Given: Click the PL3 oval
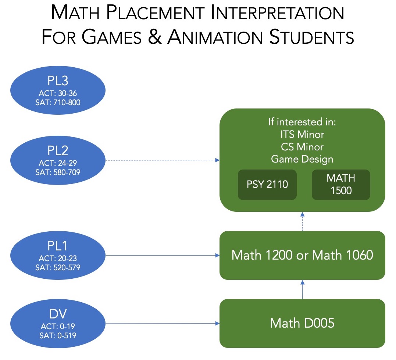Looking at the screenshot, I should point(58,90).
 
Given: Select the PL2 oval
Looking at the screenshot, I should point(58,161).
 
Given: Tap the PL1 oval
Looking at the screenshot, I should point(58,255).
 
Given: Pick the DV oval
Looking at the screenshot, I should point(58,324).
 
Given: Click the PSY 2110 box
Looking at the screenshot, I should point(267,185).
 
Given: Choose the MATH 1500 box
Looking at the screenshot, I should point(340,185).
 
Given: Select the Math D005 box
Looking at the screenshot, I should point(302,323).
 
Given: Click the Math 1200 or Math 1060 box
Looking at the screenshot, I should point(302,255).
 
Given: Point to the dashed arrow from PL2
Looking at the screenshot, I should point(162,160).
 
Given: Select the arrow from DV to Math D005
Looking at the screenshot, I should point(162,324).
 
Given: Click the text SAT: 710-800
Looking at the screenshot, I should point(58,103).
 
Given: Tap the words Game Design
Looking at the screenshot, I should point(302,159).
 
